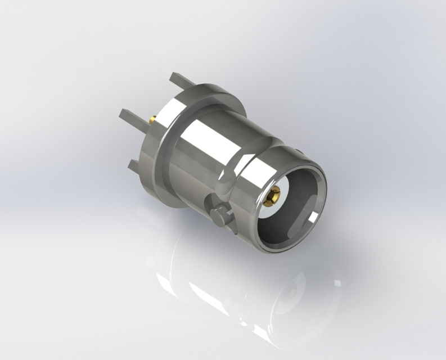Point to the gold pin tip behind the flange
(x=152, y=120)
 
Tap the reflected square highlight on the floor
(x=337, y=281)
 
